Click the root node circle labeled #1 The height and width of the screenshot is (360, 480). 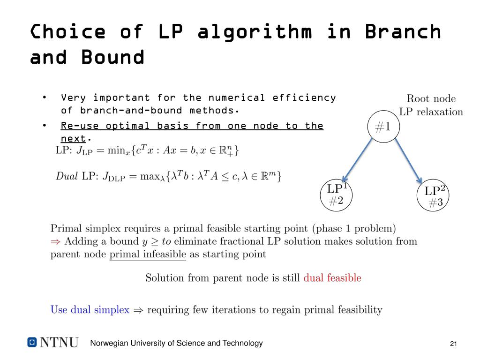coord(383,127)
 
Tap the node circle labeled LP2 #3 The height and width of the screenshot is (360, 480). coord(433,196)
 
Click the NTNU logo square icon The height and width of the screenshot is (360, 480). coord(32,342)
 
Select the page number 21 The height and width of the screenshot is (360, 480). coord(453,344)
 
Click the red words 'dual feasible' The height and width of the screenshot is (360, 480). coord(332,278)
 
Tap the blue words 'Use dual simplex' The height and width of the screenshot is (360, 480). coord(90,310)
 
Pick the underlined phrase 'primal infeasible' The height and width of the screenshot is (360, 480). coord(147,255)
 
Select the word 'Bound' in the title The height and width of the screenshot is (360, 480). coord(112,57)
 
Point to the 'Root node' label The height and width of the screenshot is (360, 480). coord(431,98)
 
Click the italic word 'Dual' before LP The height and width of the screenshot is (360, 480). coord(67,177)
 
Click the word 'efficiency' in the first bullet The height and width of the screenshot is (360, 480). coord(304,97)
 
